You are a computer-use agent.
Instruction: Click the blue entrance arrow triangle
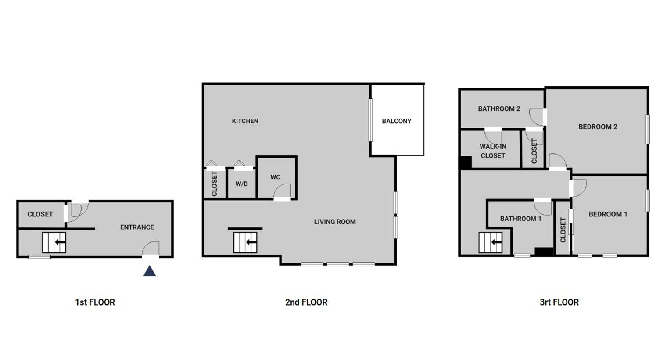click(x=150, y=271)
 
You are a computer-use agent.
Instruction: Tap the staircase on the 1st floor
click(x=54, y=242)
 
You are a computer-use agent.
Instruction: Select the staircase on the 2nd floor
click(x=245, y=242)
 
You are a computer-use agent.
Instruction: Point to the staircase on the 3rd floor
click(x=491, y=242)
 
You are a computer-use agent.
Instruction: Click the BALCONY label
click(x=397, y=121)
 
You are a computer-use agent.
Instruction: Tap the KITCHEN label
click(x=245, y=121)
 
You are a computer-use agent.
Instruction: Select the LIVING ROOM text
click(x=335, y=222)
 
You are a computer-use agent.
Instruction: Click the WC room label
click(x=275, y=177)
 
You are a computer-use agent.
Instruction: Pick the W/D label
click(x=241, y=184)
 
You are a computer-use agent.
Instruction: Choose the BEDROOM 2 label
click(x=598, y=126)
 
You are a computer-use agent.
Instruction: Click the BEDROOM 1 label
click(x=608, y=214)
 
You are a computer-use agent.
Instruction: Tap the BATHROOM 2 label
click(x=499, y=108)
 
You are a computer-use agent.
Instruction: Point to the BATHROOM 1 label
click(x=520, y=219)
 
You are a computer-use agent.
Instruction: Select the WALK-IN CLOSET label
click(x=493, y=151)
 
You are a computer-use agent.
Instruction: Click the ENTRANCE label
click(x=137, y=227)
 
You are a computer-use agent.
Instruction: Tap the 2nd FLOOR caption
click(x=306, y=302)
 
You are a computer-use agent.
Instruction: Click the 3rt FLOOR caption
click(x=559, y=302)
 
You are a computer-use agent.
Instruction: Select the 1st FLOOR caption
click(x=95, y=302)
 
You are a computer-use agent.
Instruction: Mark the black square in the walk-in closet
click(x=466, y=163)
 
